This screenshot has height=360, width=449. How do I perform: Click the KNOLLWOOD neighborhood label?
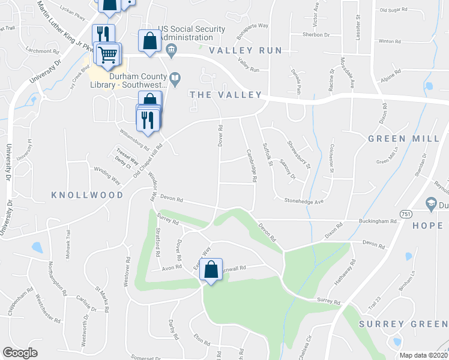(x=87, y=195)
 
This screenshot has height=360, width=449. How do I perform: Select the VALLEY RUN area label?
(x=246, y=50)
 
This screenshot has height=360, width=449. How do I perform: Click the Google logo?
(x=20, y=353)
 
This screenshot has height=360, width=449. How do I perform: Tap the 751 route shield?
(x=404, y=214)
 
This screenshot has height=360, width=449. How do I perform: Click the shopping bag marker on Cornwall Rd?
(x=211, y=270)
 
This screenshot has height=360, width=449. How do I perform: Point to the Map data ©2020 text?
(x=424, y=355)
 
